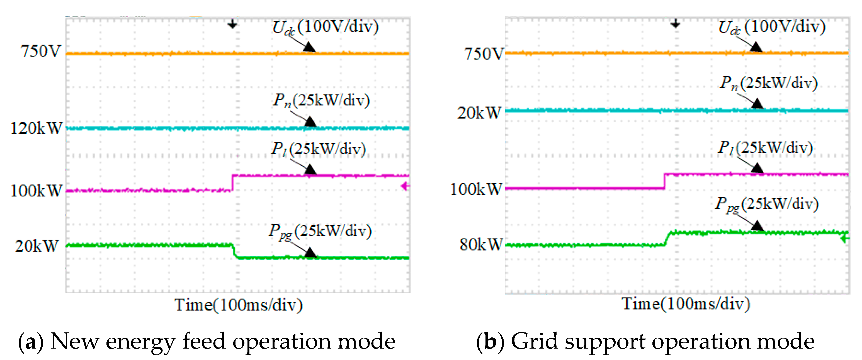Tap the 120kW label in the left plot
[x=37, y=128]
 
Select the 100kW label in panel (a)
[x=37, y=191]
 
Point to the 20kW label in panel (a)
[x=37, y=246]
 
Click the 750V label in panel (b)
[x=484, y=53]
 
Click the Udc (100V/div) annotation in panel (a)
[x=326, y=27]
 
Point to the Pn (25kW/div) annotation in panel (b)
[x=769, y=83]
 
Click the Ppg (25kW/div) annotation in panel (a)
[x=320, y=231]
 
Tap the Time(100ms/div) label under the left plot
[x=238, y=305]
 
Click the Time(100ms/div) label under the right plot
[x=686, y=304]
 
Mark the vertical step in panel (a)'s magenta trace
[x=232, y=183]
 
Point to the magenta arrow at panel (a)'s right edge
[x=405, y=186]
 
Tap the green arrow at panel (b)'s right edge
[x=845, y=239]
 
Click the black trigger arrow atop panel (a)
[x=232, y=25]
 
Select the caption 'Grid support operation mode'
[x=662, y=341]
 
